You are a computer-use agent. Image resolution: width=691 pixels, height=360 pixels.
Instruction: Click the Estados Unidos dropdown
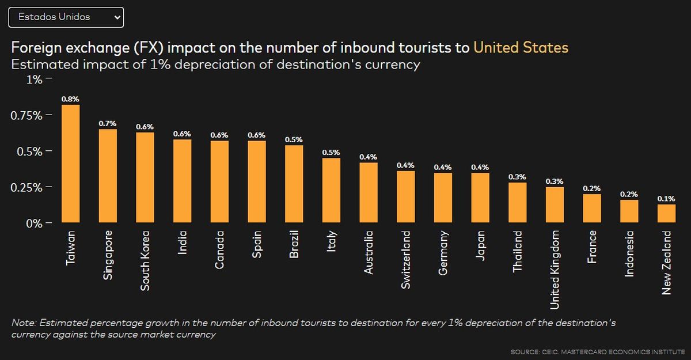coord(66,17)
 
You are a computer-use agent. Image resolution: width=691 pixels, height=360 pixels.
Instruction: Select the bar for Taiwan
coord(70,164)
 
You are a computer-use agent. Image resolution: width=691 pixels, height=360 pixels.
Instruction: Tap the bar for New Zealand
coord(666,213)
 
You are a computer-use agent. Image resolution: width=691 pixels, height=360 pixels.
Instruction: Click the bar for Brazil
coord(294,184)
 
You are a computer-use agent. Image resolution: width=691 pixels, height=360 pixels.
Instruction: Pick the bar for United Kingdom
coord(555,204)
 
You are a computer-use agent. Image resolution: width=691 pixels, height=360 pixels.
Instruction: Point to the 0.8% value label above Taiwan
coord(70,99)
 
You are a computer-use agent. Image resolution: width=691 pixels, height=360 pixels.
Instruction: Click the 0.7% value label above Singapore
coord(108,123)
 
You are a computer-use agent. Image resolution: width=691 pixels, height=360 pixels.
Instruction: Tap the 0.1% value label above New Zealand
coord(666,199)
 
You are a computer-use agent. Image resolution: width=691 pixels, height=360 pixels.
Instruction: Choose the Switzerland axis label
coord(406,260)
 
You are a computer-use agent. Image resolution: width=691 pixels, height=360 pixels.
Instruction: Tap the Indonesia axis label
coord(629,253)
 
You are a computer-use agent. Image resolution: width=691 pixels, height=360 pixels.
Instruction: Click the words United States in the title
coord(521,47)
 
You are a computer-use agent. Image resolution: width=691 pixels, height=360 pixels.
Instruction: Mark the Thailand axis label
coord(518,252)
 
